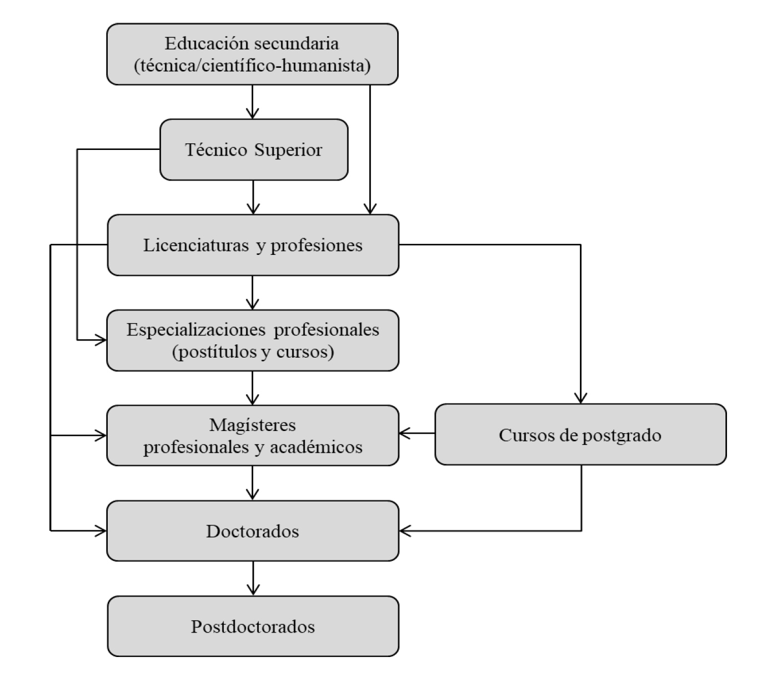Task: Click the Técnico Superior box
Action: [x=254, y=150]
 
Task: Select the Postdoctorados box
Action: [x=253, y=626]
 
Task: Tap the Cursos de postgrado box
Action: [x=580, y=434]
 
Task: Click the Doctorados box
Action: [x=253, y=531]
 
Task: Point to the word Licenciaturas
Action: [x=196, y=245]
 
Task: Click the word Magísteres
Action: [x=253, y=425]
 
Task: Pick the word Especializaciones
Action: [x=197, y=329]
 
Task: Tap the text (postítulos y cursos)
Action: [x=253, y=352]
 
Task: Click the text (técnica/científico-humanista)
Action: [x=252, y=66]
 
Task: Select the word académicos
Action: [x=316, y=447]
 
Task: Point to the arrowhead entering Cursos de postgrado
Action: [x=580, y=398]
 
